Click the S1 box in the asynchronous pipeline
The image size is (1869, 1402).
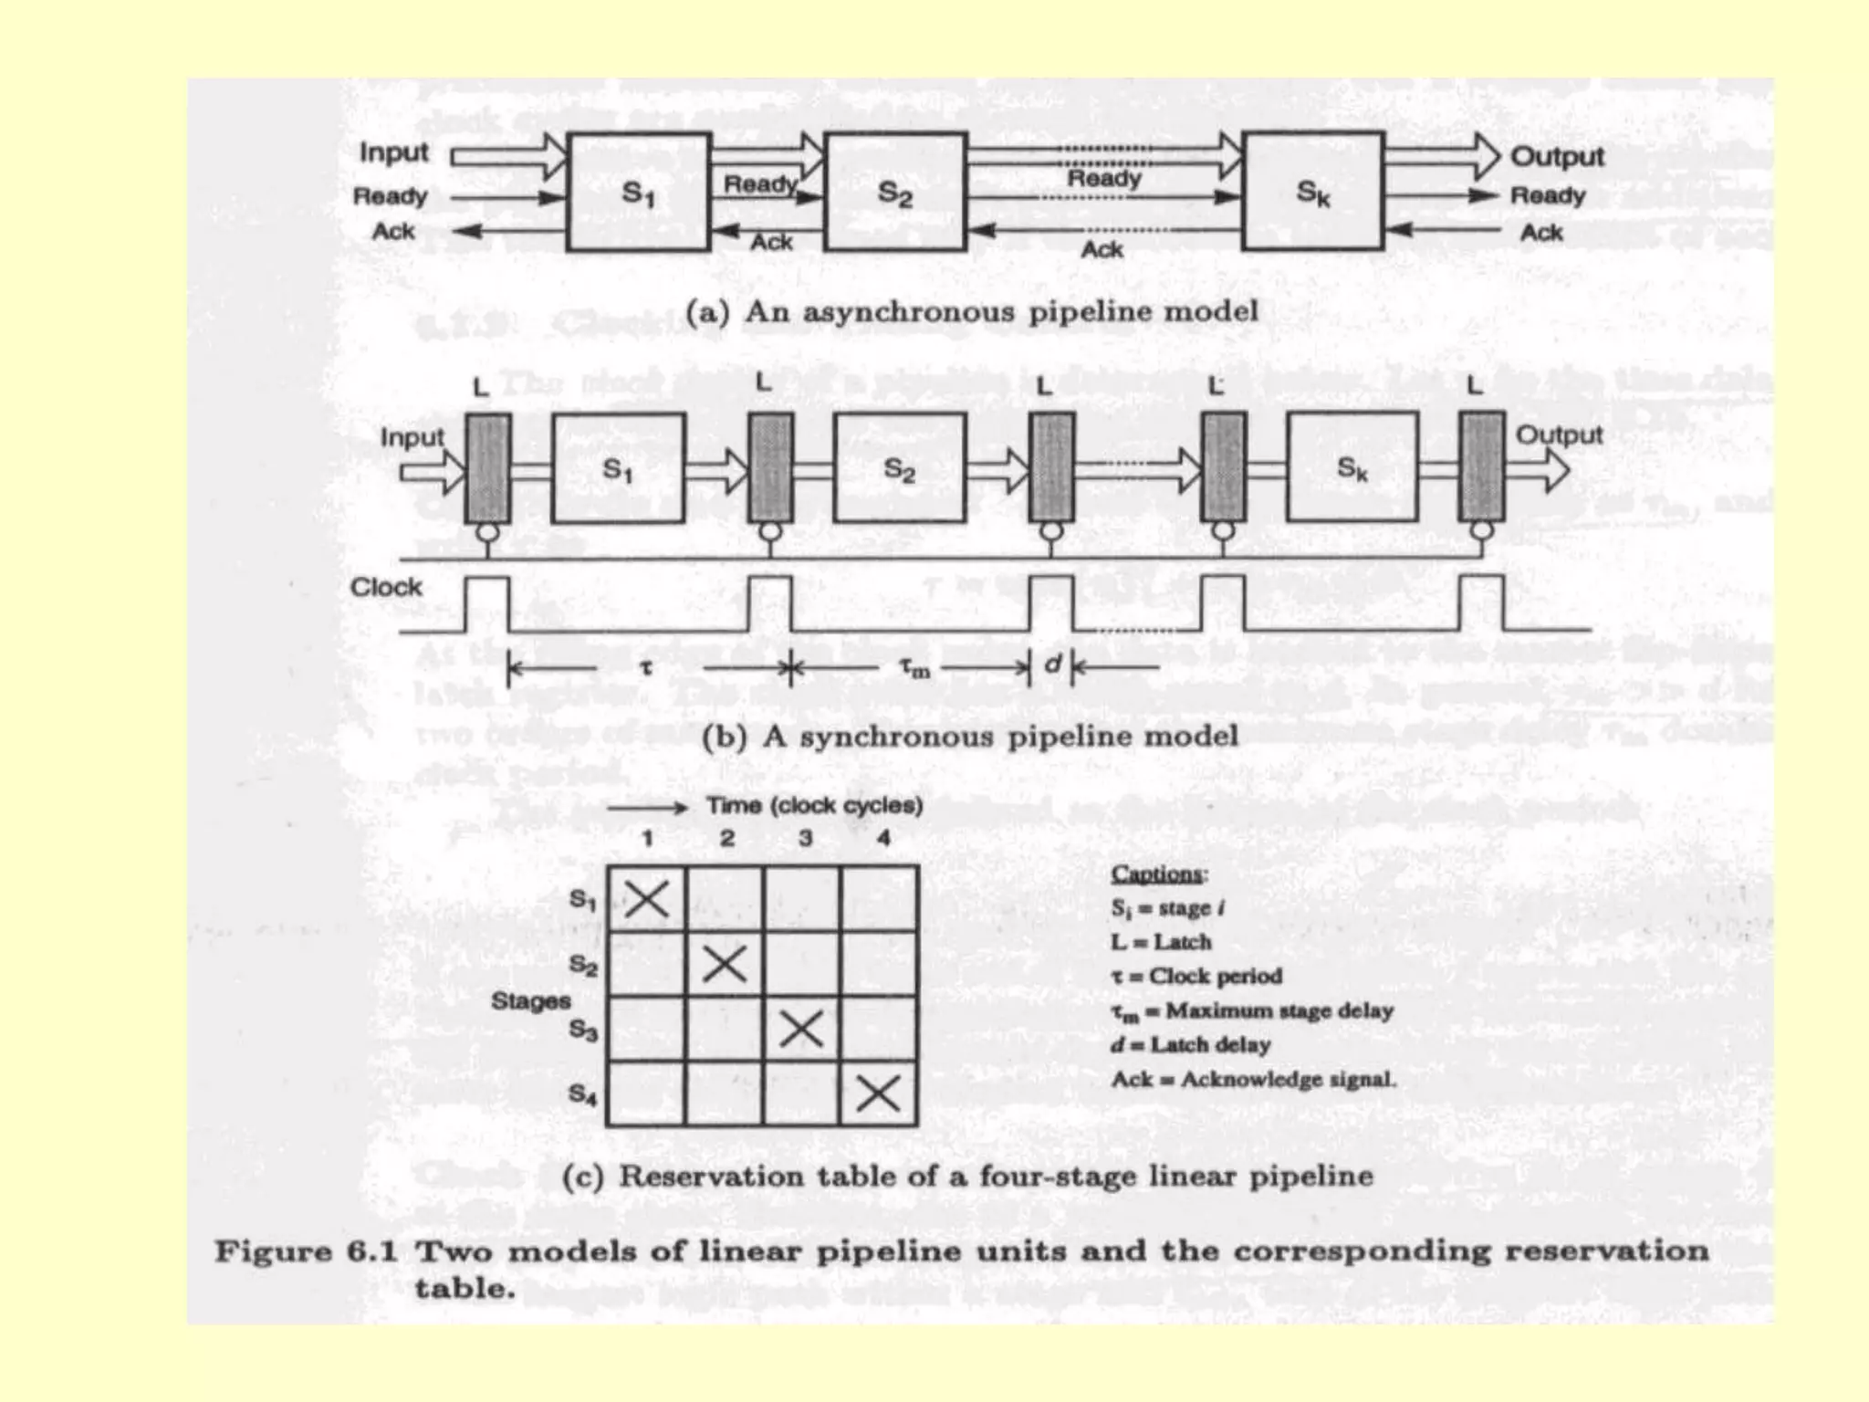click(637, 192)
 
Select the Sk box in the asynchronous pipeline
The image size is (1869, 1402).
click(1312, 192)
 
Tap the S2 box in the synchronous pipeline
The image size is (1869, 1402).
click(899, 468)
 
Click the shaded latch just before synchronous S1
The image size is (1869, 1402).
click(487, 467)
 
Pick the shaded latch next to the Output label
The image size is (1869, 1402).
click(1480, 467)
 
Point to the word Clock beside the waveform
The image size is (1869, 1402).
click(386, 587)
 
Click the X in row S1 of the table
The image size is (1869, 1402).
click(646, 899)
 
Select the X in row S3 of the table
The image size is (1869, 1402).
click(802, 1030)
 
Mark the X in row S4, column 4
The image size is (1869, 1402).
click(879, 1093)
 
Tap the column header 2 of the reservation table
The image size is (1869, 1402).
click(726, 838)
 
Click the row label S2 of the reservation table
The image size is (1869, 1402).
click(583, 965)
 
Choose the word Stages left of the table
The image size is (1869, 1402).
click(530, 1001)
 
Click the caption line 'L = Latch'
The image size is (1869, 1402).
click(1161, 942)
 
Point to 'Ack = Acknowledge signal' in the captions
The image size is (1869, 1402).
click(1253, 1080)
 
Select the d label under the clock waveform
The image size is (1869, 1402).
click(1052, 664)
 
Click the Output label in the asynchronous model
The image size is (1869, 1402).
click(1557, 157)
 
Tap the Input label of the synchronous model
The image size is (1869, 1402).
click(412, 438)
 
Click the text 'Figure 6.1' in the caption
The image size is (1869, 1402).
click(306, 1250)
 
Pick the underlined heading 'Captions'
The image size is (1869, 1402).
click(1157, 874)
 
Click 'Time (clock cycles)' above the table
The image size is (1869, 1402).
click(814, 806)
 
